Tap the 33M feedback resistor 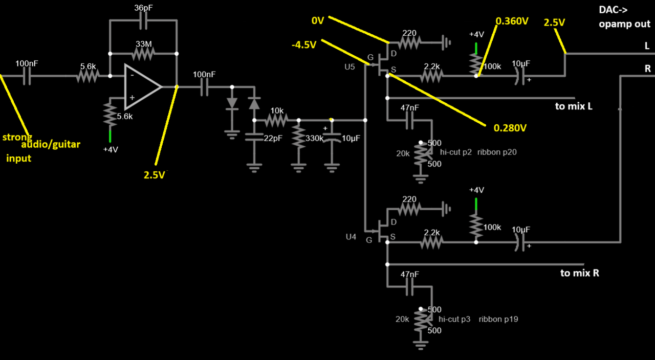143,53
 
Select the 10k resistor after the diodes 277,120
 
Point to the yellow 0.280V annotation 510,128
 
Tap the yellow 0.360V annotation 512,21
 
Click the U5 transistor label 350,66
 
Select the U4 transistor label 351,237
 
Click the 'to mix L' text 574,106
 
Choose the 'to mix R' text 580,273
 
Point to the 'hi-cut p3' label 455,319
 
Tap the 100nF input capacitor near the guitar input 27,76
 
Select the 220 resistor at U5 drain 409,42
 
